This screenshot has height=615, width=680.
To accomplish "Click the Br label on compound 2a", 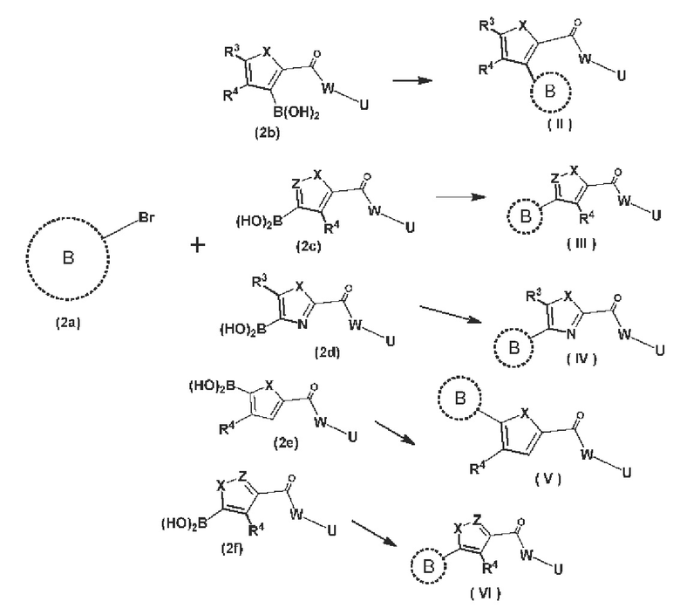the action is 146,217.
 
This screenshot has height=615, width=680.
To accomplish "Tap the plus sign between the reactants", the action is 197,246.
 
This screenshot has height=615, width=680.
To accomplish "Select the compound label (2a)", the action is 68,323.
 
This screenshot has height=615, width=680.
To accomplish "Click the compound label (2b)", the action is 267,133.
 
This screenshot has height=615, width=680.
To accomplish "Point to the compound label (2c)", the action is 309,246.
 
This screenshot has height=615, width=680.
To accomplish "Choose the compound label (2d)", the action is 328,352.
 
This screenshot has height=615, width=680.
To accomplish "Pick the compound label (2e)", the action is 286,443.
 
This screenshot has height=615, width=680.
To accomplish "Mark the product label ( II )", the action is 560,125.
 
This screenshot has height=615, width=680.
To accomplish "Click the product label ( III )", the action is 581,244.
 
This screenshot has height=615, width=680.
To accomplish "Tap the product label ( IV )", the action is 581,359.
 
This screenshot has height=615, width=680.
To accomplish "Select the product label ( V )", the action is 548,479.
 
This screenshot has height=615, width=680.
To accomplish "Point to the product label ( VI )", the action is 486,593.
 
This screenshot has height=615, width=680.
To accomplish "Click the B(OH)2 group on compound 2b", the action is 296,113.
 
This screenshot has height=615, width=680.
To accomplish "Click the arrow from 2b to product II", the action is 412,81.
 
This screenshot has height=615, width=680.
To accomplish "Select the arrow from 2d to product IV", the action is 451,314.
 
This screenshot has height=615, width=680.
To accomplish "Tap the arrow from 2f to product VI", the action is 374,532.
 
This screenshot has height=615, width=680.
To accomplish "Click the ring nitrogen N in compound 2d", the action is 303,325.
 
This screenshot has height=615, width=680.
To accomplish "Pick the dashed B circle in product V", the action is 459,399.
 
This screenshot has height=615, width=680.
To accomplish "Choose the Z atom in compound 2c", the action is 296,184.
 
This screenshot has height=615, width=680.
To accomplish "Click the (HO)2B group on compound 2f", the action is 184,524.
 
